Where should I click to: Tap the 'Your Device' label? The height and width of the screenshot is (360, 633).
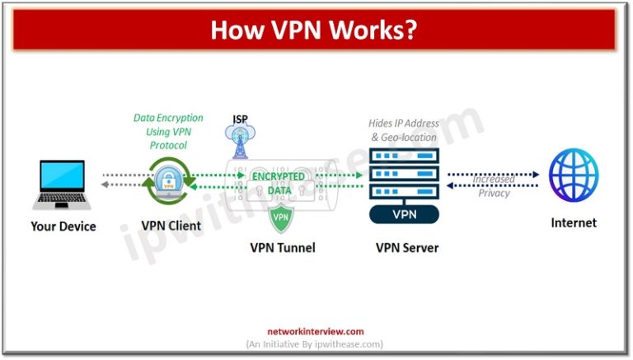[63, 225]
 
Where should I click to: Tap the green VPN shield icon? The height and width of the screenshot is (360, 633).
[281, 218]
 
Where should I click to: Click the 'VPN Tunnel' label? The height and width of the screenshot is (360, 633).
[282, 246]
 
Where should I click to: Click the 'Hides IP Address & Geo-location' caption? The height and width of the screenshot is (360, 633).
[403, 130]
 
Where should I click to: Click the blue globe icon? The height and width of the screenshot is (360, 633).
[574, 175]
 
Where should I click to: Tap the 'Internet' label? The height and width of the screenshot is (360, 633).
[574, 222]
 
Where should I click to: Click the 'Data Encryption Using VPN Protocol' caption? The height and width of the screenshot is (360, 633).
[168, 131]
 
